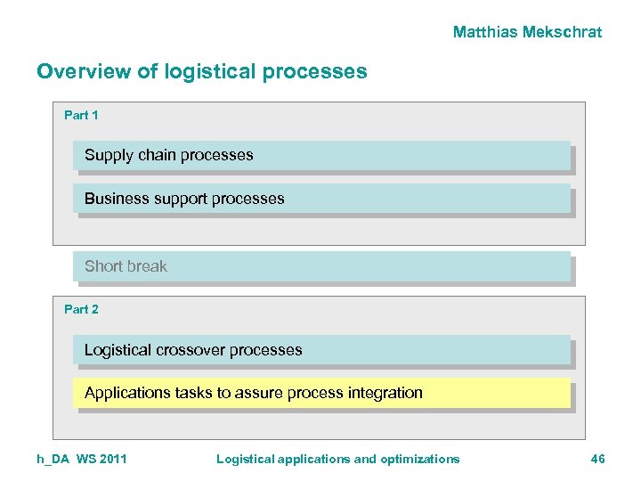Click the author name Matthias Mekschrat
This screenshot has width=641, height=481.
point(527,32)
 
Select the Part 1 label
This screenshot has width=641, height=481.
point(81,115)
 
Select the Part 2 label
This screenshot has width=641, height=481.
point(81,309)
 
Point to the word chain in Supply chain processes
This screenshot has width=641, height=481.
point(156,155)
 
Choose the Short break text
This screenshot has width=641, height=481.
point(126,266)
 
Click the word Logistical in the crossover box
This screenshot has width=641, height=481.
point(118,350)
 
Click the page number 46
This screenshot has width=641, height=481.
point(597,459)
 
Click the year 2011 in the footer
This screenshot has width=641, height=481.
point(112,459)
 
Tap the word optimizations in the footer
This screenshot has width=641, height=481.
point(419,459)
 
